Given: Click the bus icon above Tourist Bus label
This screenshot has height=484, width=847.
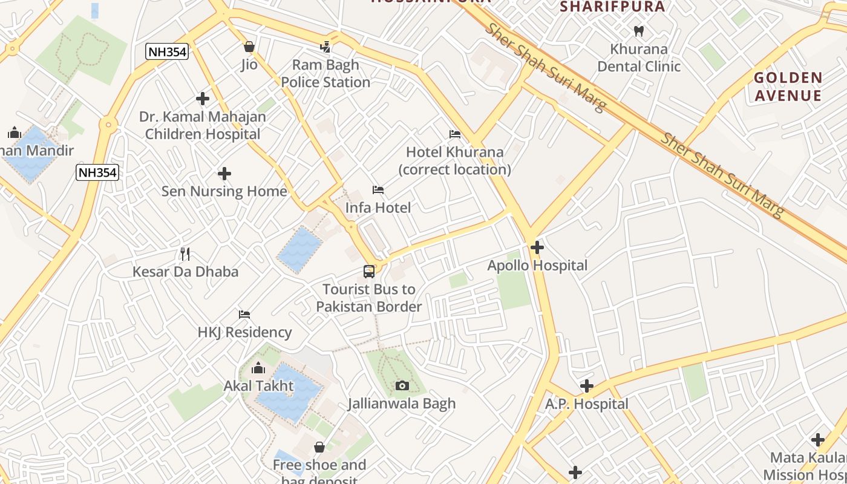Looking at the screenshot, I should click(x=369, y=271).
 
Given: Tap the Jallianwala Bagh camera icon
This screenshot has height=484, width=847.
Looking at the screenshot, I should click(x=402, y=385).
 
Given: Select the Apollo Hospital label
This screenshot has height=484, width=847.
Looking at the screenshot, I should click(x=537, y=266).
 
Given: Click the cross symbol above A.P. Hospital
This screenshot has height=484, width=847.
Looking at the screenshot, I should click(x=586, y=385).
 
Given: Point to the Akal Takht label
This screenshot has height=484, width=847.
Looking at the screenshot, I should click(x=258, y=385).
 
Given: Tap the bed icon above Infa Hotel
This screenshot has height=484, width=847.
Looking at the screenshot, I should click(x=378, y=190).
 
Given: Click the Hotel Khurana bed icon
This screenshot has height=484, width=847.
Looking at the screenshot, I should click(x=455, y=134).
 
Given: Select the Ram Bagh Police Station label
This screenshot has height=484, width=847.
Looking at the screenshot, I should click(x=325, y=73).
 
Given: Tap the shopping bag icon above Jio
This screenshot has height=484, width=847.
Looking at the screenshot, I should click(x=249, y=47).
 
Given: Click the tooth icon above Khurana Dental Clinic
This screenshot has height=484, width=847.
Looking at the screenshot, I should click(x=638, y=30).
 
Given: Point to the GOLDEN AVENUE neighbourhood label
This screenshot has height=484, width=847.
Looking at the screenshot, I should click(x=788, y=87).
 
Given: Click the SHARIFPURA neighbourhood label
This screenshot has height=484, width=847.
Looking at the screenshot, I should click(x=612, y=7).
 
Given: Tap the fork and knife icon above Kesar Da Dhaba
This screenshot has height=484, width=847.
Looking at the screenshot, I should click(x=185, y=253).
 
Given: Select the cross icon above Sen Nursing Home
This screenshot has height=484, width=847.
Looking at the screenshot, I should click(x=224, y=174).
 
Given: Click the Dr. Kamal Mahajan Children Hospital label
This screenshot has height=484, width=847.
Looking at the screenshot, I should click(x=203, y=125).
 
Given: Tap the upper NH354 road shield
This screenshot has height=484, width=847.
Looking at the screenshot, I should click(x=167, y=52).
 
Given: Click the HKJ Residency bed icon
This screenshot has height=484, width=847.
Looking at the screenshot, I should click(x=244, y=314).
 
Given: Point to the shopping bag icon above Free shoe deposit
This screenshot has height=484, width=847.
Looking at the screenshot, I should click(x=319, y=447).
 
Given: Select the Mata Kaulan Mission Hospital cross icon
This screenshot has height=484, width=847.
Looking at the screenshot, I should click(x=818, y=440).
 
